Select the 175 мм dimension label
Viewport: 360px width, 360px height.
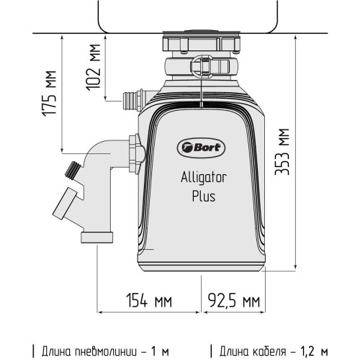click(x=50, y=94)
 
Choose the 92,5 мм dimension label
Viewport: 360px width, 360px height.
click(x=233, y=298)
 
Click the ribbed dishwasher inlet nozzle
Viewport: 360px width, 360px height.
click(x=132, y=97)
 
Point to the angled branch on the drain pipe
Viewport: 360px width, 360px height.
click(x=63, y=206)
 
